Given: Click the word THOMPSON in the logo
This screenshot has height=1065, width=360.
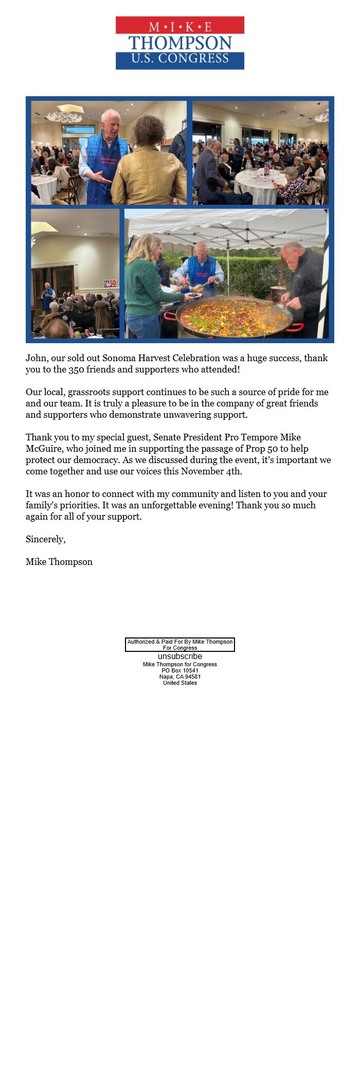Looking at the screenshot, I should [180, 43].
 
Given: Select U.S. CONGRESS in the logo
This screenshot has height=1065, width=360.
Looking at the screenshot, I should [180, 59].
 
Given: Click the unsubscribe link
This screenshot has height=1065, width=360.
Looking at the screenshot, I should [180, 656].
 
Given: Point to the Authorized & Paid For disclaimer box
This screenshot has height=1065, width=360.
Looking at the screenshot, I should [180, 645].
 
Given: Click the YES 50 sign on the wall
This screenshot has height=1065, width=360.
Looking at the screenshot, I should [110, 283].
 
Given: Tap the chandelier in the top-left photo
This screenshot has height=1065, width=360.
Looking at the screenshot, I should [64, 117].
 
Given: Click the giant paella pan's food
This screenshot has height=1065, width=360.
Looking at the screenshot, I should [234, 316].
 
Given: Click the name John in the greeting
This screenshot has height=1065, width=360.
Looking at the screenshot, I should [37, 358].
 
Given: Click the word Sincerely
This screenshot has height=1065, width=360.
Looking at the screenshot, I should [45, 539].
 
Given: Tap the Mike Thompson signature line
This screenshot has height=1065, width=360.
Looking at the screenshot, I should [59, 562].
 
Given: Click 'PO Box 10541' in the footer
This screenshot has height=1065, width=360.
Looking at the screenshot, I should [180, 670].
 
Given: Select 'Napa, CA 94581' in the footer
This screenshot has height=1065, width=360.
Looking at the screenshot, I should [180, 677].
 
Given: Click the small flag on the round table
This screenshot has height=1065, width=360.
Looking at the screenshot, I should [267, 168].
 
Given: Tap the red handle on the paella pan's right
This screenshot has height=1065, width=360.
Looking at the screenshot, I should [295, 327].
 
